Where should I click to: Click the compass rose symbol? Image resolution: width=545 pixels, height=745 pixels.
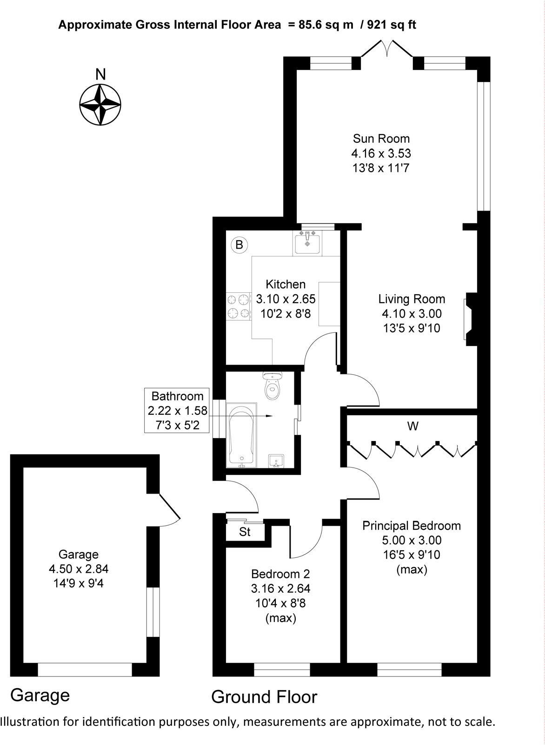(x=100, y=105)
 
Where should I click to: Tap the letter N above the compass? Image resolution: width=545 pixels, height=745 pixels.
(x=100, y=74)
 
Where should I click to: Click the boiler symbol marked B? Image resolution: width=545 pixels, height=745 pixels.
(x=239, y=244)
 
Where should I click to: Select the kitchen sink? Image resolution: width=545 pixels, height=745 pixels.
(x=307, y=244)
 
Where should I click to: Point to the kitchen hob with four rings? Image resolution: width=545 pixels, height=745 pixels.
(x=239, y=306)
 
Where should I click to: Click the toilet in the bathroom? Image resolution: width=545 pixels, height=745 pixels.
(x=273, y=386)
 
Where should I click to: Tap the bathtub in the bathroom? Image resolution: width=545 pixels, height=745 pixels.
(x=241, y=435)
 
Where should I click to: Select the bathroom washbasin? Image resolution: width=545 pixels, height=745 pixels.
(x=277, y=461)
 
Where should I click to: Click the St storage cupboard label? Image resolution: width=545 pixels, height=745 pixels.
(x=245, y=532)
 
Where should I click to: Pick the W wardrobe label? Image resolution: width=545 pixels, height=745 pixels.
(x=412, y=426)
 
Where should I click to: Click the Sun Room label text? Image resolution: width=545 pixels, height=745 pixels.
(x=381, y=138)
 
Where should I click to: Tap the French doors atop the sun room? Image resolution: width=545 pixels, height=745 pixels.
(x=387, y=49)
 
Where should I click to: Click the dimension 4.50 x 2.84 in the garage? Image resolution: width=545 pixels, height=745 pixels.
(x=79, y=569)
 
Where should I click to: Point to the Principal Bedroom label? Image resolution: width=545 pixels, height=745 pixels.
(x=412, y=526)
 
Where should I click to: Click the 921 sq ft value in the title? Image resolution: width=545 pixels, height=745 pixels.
(x=392, y=25)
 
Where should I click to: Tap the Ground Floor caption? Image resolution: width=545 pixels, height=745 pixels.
(x=264, y=697)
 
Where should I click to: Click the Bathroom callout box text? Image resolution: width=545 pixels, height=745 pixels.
(x=177, y=410)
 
